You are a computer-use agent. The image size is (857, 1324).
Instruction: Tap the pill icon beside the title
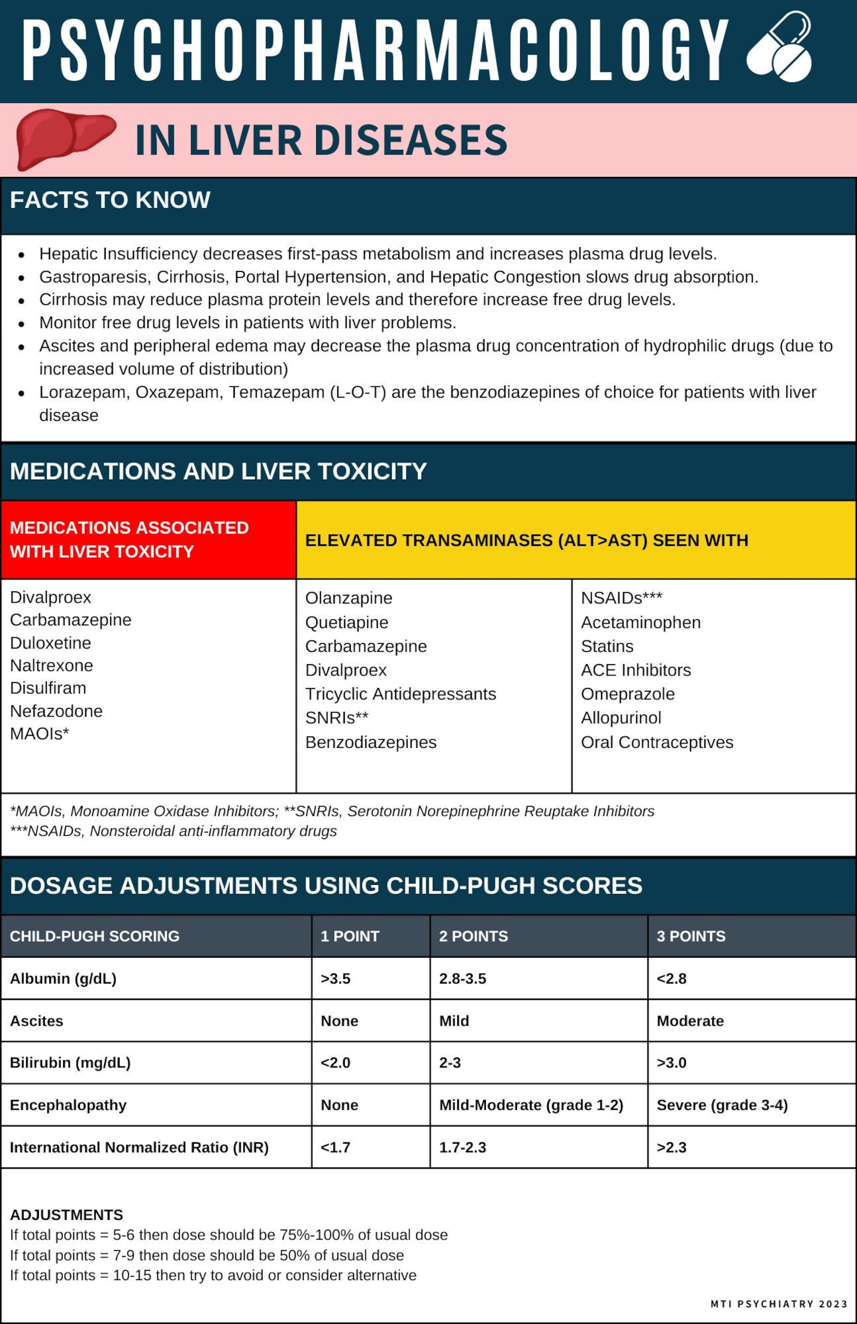point(779,47)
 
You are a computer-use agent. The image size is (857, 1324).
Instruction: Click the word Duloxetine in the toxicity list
point(51,643)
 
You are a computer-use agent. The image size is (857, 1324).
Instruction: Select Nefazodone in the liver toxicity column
point(56,711)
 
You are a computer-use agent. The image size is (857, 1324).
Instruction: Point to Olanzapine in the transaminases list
point(349,598)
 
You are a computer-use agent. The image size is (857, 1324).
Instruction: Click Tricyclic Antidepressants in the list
point(400,694)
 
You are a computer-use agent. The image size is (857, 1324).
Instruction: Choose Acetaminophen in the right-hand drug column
point(641,622)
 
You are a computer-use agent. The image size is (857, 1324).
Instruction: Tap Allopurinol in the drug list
point(621,718)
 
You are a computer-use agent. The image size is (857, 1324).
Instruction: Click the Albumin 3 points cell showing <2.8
point(671,979)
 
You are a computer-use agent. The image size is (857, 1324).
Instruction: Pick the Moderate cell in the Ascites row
point(690,1021)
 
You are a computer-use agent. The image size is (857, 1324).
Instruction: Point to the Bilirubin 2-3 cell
point(450,1062)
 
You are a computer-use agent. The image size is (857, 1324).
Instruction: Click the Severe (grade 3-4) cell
point(722,1105)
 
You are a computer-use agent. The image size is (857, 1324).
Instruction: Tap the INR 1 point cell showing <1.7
point(336,1147)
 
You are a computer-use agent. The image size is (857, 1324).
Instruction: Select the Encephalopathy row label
point(69,1105)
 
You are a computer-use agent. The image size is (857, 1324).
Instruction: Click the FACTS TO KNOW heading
point(110,200)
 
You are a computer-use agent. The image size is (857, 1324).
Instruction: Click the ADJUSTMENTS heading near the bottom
point(66,1214)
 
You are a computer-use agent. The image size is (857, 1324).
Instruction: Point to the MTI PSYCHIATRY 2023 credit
point(779,1303)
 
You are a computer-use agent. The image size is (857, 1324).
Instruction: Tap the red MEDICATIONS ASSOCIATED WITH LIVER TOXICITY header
point(129,540)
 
